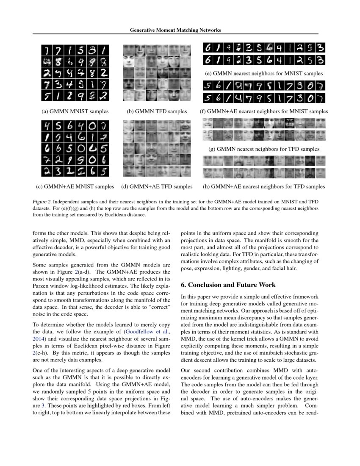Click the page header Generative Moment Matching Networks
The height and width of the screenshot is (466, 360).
click(x=175, y=30)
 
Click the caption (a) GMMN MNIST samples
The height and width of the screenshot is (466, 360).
click(x=75, y=111)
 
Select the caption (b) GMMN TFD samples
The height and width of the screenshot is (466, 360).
click(x=157, y=111)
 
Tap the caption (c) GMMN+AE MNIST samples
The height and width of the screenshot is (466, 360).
click(x=75, y=186)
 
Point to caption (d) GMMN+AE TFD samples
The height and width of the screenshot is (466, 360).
click(x=157, y=186)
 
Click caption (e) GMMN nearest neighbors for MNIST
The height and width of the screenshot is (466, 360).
click(x=264, y=73)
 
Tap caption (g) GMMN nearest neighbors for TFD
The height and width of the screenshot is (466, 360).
click(x=264, y=149)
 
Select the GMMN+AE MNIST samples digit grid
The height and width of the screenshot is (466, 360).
click(x=75, y=148)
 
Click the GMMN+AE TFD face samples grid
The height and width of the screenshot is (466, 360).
click(x=157, y=148)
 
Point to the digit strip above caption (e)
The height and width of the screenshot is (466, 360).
click(x=264, y=54)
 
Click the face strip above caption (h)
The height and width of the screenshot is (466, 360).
click(x=264, y=167)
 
